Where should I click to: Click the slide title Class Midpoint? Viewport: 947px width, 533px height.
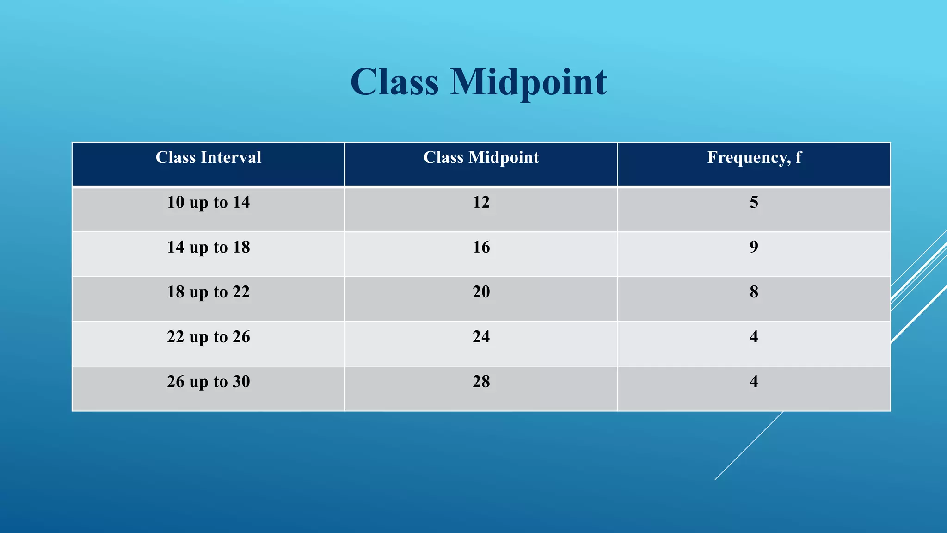479,82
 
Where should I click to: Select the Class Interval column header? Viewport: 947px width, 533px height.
209,158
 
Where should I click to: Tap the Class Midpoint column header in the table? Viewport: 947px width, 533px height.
481,158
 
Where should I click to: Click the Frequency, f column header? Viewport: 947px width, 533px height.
754,158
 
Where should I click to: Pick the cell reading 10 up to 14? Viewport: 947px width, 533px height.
209,203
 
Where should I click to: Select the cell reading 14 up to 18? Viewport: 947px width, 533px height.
209,248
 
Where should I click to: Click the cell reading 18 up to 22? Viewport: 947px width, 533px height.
209,292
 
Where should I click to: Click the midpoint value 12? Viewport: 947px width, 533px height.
481,203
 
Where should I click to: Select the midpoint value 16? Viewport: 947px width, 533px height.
481,248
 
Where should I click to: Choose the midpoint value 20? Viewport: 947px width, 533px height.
481,292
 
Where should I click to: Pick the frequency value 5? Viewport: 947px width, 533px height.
754,203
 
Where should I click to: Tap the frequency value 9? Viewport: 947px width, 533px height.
754,248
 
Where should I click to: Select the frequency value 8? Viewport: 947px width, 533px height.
754,292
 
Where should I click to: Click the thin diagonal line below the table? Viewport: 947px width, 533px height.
749,446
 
